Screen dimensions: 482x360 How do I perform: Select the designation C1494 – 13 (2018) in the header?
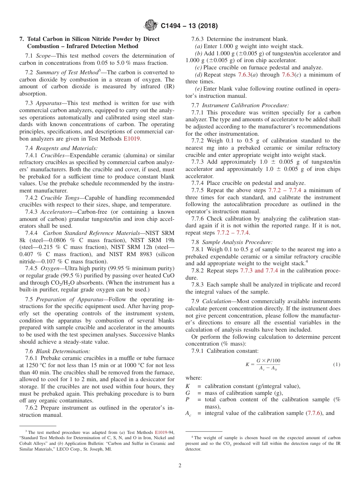pyautogui.click(x=189, y=26)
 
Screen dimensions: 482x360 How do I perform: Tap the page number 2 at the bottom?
pyautogui.click(x=180, y=465)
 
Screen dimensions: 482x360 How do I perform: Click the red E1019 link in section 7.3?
pyautogui.click(x=132, y=139)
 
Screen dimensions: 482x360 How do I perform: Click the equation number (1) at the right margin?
pyautogui.click(x=337, y=364)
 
